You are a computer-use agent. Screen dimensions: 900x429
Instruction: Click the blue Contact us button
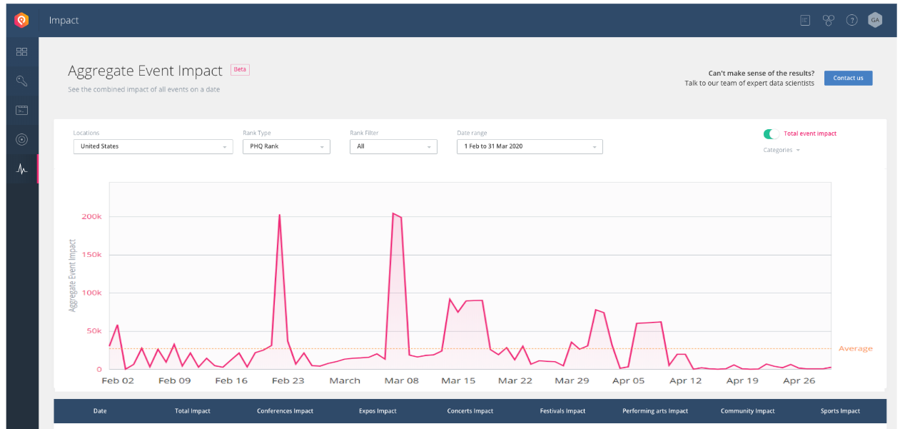tap(848, 78)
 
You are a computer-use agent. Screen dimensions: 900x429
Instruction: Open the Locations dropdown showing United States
tap(153, 146)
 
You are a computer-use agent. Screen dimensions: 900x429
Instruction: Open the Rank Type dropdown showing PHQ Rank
tap(286, 146)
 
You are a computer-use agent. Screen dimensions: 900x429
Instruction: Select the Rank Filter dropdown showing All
tap(393, 146)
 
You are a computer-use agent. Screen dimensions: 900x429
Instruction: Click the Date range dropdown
tap(530, 146)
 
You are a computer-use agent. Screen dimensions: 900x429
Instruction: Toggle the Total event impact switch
tap(771, 133)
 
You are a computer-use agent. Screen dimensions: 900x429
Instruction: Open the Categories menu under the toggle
tap(782, 150)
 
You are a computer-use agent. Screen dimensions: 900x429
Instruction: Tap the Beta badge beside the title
tap(240, 69)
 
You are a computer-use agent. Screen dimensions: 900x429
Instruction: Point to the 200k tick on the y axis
tap(91, 216)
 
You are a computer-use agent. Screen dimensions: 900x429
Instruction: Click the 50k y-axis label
tap(94, 331)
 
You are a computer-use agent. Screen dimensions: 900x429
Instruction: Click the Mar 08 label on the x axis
tap(401, 380)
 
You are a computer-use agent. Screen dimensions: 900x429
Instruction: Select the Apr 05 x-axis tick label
tap(628, 380)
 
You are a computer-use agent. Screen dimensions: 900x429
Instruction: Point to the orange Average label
tap(856, 348)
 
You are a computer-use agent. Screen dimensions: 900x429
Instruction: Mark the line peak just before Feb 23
tap(280, 215)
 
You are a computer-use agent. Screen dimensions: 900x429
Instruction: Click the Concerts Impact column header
tap(470, 411)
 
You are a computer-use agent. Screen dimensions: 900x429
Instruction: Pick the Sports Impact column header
tap(840, 411)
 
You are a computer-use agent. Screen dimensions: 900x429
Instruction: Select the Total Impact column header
tap(193, 411)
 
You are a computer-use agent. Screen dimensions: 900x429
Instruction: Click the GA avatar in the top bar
tap(875, 20)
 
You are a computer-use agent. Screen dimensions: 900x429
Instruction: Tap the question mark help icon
tap(851, 20)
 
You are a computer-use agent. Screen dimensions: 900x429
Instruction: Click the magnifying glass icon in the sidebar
tap(21, 81)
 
